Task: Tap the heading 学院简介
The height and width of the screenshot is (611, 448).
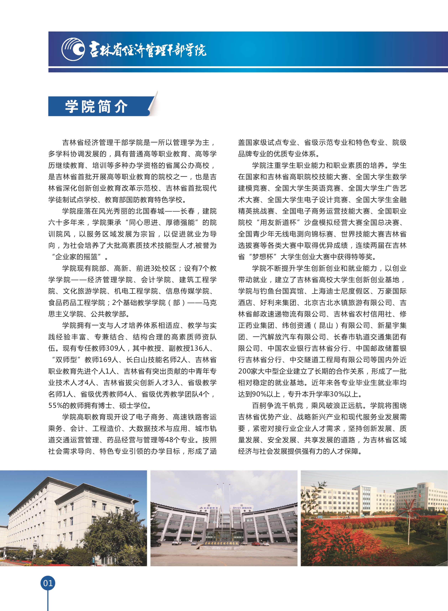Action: [96, 106]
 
